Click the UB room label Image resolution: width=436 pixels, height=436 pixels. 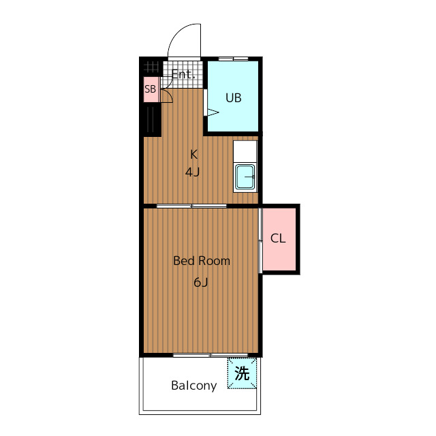(233, 98)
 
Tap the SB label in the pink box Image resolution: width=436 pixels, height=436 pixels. (150, 89)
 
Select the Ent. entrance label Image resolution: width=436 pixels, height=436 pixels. (183, 74)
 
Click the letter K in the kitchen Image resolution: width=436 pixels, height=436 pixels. (193, 155)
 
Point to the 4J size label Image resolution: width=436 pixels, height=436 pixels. (192, 172)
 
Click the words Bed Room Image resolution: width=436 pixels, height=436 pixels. (202, 261)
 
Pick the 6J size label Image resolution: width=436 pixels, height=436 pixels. (201, 282)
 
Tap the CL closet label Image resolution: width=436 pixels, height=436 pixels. (278, 238)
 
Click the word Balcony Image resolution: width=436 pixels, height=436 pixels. (194, 386)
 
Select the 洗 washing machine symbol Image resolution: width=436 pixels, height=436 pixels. (242, 373)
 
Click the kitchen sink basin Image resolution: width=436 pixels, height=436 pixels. (245, 176)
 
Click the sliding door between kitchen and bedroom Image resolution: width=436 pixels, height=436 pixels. (191, 206)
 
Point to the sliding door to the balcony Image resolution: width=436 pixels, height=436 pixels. (211, 355)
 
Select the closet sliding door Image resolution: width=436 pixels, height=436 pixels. (260, 240)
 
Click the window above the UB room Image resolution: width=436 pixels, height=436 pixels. (233, 59)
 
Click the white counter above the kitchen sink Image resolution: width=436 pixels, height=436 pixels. (245, 151)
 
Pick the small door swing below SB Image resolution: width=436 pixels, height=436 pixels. (167, 96)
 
